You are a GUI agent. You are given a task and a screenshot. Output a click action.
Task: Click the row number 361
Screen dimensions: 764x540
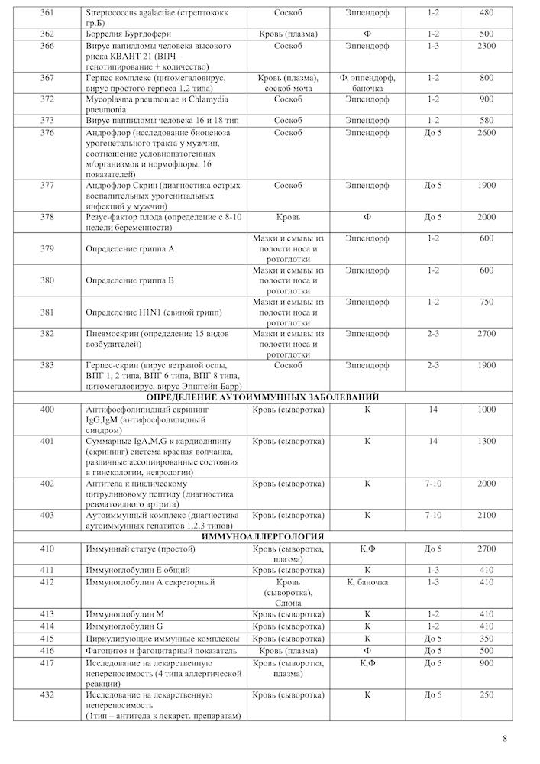[47, 13]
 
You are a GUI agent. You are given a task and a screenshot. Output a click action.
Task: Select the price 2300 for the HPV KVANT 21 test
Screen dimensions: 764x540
[487, 46]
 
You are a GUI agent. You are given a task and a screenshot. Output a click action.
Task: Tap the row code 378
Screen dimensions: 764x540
[47, 217]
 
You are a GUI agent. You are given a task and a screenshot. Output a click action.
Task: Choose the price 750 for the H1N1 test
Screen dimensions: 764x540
[487, 302]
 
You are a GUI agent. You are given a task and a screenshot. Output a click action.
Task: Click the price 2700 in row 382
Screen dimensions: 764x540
[487, 334]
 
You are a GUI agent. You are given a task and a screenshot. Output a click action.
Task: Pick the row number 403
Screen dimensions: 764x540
[47, 515]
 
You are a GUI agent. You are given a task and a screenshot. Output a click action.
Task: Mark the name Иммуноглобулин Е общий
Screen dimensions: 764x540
[138, 570]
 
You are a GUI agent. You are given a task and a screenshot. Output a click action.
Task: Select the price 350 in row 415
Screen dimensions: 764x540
[487, 638]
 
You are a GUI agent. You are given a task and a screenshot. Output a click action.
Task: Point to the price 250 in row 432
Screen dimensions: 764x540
[487, 695]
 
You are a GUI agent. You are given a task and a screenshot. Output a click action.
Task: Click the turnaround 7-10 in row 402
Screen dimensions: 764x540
[433, 484]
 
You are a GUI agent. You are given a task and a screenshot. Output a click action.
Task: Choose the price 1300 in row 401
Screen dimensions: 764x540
[487, 442]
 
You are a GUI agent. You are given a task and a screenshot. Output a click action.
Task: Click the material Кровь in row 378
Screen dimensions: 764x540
[288, 217]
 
